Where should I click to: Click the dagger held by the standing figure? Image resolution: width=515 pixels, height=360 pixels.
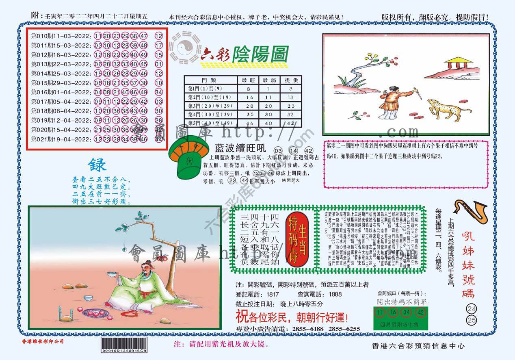coord(417,94)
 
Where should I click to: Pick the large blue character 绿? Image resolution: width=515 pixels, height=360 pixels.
coord(97,165)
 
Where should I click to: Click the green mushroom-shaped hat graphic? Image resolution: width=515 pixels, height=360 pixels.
coord(187,158)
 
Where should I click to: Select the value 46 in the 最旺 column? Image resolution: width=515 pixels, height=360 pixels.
coord(250,124)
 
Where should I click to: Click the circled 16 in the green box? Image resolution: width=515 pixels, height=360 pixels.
coord(392,312)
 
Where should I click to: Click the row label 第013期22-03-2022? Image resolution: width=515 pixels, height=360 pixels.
coord(61,64)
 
